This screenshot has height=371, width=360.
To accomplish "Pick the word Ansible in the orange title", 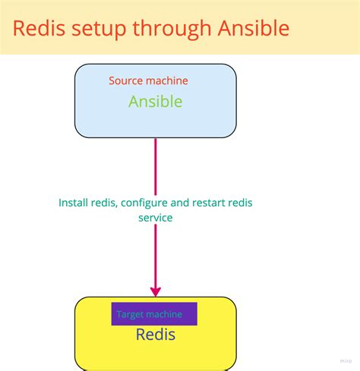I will point(253,28).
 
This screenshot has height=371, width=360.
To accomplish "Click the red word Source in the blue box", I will point(125,80).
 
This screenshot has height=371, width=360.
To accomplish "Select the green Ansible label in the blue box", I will point(155,101).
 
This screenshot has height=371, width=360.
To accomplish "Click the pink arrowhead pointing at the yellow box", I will point(156,291).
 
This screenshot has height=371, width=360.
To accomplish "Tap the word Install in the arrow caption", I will point(74,203).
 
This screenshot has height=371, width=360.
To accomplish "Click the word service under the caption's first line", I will point(155,218).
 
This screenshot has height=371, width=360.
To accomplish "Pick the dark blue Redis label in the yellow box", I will point(155,335).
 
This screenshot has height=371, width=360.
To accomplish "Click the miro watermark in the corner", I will point(346,362).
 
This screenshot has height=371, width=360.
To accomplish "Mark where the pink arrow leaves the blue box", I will point(156,140).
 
